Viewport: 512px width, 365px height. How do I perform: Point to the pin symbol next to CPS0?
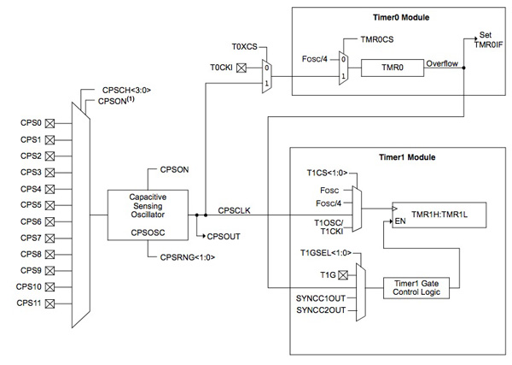click(x=49, y=123)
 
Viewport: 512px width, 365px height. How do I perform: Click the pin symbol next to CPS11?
click(x=49, y=303)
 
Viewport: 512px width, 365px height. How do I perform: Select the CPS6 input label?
click(x=30, y=221)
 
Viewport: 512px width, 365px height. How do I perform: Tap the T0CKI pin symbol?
click(x=241, y=66)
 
